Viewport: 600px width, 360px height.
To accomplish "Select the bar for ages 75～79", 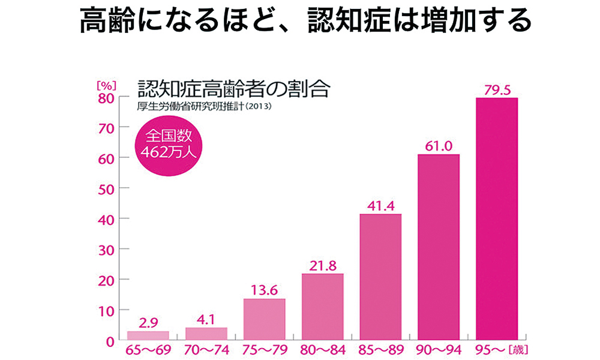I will tap(264, 319).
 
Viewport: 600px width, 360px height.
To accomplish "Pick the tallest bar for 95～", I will tap(496, 219).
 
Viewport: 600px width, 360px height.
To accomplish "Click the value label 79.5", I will tap(497, 90).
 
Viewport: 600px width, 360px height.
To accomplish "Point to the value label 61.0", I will tap(439, 146).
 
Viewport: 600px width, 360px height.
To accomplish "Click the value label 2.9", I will tap(148, 323).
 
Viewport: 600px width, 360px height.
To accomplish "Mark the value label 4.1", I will tap(206, 319).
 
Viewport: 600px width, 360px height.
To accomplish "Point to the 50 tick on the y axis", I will tap(106, 188).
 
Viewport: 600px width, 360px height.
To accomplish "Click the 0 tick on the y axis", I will tap(110, 341).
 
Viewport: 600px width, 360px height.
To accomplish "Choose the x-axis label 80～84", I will tap(322, 350).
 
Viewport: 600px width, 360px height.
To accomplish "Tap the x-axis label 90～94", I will tap(439, 350).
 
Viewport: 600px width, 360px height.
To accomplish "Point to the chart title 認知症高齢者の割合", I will tap(234, 90).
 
